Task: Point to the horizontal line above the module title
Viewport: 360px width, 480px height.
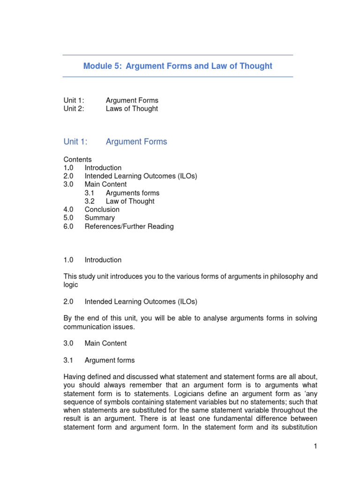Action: (x=178, y=55)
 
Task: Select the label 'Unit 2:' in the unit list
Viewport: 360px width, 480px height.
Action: (x=74, y=109)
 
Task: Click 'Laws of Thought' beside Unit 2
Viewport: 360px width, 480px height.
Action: (x=132, y=109)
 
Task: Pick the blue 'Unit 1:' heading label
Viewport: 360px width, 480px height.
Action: (x=75, y=142)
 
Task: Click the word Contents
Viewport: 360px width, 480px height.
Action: (x=78, y=159)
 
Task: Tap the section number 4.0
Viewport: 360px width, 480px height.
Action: (x=68, y=210)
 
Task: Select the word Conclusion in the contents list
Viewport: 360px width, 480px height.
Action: (x=102, y=210)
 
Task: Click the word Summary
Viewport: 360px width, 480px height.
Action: (x=100, y=218)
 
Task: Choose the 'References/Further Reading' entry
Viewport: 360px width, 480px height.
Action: (x=129, y=226)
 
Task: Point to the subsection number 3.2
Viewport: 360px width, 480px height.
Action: (x=90, y=201)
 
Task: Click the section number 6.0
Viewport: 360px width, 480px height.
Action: (x=68, y=226)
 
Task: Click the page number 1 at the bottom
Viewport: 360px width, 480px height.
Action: (x=316, y=447)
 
